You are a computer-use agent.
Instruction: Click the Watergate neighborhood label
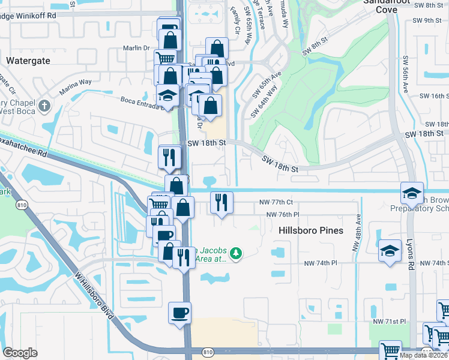[x=27, y=61]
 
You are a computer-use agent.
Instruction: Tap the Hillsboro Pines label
[x=311, y=230]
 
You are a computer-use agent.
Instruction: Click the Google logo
[x=20, y=353]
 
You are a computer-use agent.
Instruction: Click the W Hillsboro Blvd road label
[x=94, y=294]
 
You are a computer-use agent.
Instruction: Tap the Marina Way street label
[x=75, y=86]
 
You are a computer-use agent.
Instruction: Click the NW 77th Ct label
[x=276, y=203]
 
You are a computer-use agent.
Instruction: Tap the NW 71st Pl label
[x=389, y=322]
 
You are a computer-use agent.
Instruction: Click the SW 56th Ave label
[x=406, y=74]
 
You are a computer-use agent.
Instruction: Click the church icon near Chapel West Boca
[x=43, y=107]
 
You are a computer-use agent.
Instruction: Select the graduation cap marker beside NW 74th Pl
[x=390, y=251]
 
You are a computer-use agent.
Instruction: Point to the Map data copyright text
[x=424, y=355]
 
